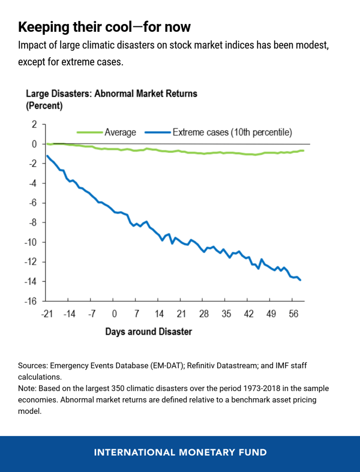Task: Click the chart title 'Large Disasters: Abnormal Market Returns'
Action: pos(111,94)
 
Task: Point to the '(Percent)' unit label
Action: pos(44,106)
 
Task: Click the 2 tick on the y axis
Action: pos(34,124)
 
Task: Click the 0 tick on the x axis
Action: pos(114,314)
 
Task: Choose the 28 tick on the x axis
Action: pos(203,314)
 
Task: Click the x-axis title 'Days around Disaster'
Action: pos(149,332)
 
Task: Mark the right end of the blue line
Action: pos(301,280)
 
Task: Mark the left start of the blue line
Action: pos(47,156)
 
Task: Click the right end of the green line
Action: pos(303,151)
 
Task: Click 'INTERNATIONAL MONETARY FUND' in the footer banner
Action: pos(180,452)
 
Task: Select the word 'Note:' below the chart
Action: pos(29,389)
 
